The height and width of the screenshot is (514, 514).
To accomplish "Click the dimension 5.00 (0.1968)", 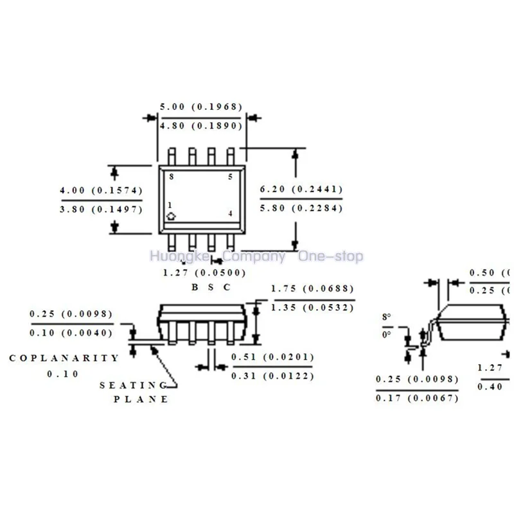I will coord(200,107).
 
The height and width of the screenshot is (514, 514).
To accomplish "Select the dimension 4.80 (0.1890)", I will coord(200,126).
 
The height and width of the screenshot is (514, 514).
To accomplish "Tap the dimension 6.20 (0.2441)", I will coord(301,190).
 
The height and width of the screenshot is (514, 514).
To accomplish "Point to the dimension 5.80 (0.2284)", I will coord(301,208).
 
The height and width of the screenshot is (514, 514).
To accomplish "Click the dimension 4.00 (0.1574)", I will coord(101,191).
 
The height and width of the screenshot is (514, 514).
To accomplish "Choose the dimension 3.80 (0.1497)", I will coord(101,209).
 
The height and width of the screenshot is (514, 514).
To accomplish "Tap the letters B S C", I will coord(210,287).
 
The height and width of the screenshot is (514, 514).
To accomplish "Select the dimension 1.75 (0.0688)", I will coord(313,289).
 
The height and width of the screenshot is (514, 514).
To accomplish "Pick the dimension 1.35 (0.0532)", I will coord(313,308).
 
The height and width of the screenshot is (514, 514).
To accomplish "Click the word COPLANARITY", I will coord(64,358).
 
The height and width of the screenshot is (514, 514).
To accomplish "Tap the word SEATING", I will coord(133,385).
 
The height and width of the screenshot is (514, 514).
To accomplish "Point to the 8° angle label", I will coord(386,317).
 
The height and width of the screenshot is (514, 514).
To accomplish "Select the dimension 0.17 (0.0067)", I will coord(417,398).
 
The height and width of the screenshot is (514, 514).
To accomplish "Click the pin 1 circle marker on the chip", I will coord(171,216).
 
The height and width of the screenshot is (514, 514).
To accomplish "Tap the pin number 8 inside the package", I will coord(171,176).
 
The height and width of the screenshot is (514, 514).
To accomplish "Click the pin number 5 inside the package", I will coord(230,176).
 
